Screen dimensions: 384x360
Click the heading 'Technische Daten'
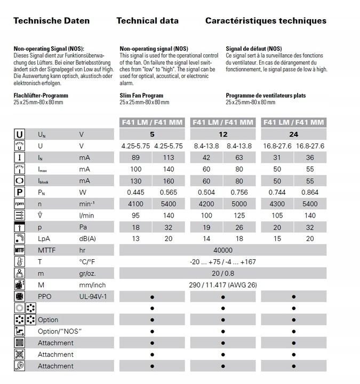click(x=51, y=21)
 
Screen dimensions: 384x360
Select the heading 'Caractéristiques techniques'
click(x=265, y=21)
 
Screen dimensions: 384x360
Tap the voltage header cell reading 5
click(x=152, y=134)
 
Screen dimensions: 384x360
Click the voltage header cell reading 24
click(x=294, y=134)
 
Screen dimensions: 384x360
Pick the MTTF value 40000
click(x=223, y=250)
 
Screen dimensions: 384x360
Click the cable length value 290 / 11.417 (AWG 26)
click(x=223, y=285)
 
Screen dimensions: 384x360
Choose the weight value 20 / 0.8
click(x=223, y=273)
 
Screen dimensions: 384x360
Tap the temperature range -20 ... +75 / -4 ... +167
click(x=223, y=262)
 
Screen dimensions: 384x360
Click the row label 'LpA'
click(x=44, y=238)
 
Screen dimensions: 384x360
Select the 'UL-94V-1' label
click(x=93, y=297)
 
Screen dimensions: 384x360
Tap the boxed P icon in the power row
click(x=19, y=192)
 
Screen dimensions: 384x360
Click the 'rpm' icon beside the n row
click(x=19, y=204)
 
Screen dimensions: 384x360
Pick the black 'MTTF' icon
click(x=19, y=250)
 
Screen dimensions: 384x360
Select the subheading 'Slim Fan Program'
click(x=141, y=95)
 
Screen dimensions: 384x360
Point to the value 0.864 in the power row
click(x=310, y=192)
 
